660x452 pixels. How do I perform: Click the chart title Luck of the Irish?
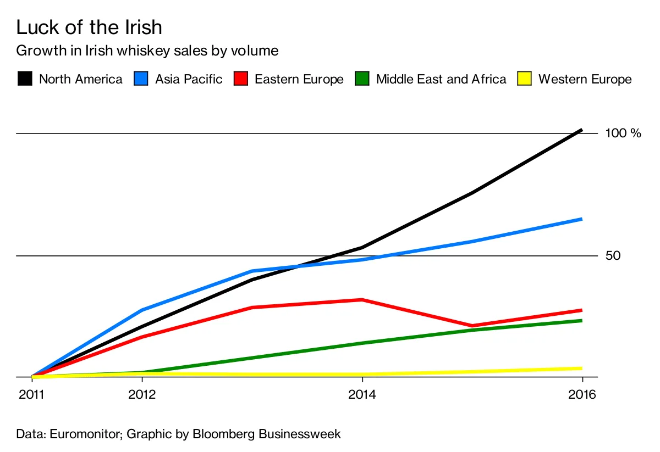click(89, 27)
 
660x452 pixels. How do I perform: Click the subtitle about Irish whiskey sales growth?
click(147, 51)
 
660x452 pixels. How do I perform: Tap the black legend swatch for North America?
click(25, 79)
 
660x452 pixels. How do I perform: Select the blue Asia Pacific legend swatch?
click(141, 79)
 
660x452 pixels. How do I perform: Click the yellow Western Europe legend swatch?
click(525, 79)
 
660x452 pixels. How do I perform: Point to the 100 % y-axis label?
click(623, 133)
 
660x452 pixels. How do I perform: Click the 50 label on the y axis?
click(613, 256)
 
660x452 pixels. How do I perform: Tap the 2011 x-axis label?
click(32, 394)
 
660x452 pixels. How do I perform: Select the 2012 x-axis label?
click(142, 394)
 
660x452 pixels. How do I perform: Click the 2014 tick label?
click(362, 394)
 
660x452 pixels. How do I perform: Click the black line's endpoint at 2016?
click(581, 130)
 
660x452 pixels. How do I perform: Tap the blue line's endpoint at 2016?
click(581, 219)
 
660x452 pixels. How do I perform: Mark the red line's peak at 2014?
click(362, 299)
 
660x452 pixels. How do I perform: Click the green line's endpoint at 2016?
click(581, 320)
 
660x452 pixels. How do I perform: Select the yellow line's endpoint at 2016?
click(581, 368)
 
